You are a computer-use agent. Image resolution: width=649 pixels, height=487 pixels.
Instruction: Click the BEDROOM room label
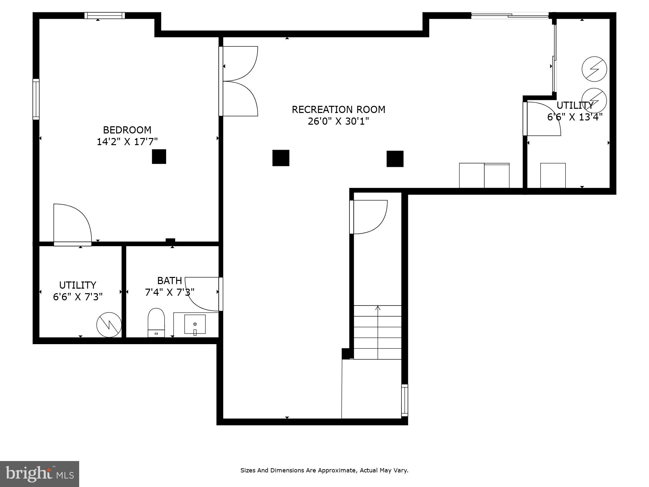[x=127, y=130]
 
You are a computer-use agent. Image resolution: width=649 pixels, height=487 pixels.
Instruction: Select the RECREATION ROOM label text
[x=338, y=109]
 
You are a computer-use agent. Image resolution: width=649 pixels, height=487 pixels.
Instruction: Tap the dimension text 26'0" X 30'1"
[x=338, y=121]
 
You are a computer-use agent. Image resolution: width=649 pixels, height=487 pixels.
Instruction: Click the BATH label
[x=169, y=281]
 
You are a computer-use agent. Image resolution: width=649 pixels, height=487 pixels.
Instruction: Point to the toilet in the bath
[x=156, y=322]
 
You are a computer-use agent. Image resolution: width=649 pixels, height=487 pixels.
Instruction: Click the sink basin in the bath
[x=195, y=324]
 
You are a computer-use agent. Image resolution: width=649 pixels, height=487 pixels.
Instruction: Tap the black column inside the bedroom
[x=159, y=156]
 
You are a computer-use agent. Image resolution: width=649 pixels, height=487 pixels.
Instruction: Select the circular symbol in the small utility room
[x=109, y=325]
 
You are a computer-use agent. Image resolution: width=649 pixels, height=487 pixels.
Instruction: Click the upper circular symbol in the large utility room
[x=594, y=69]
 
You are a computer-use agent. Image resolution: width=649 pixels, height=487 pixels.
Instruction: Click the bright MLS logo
[x=39, y=474]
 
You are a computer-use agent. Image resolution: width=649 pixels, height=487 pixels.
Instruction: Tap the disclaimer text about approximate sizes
[x=324, y=470]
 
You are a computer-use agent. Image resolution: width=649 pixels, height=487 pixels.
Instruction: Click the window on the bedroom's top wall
[x=104, y=15]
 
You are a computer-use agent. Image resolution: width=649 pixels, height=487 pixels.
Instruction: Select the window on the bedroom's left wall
[x=36, y=99]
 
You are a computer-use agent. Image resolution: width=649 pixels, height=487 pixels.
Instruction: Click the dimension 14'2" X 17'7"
[x=127, y=142]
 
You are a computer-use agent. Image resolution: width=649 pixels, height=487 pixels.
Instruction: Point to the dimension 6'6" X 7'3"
[x=78, y=297]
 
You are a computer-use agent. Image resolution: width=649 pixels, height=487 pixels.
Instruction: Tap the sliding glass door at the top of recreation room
[x=509, y=15]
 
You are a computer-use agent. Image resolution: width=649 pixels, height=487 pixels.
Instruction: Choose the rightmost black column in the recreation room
[x=395, y=159]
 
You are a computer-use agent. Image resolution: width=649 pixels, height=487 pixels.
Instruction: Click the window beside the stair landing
[x=404, y=400]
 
